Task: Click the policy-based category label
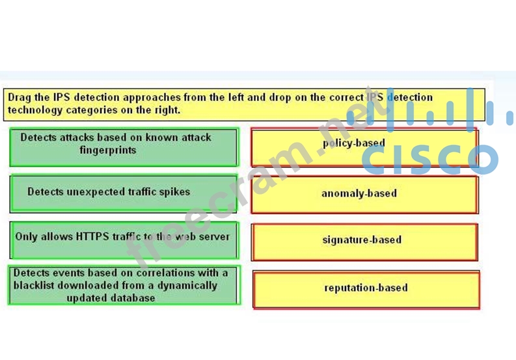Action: point(354,143)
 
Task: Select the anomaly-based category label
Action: point(359,193)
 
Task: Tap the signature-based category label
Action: point(362,240)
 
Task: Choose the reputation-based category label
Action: point(366,288)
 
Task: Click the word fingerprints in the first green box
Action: point(108,150)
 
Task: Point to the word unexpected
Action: point(96,192)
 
